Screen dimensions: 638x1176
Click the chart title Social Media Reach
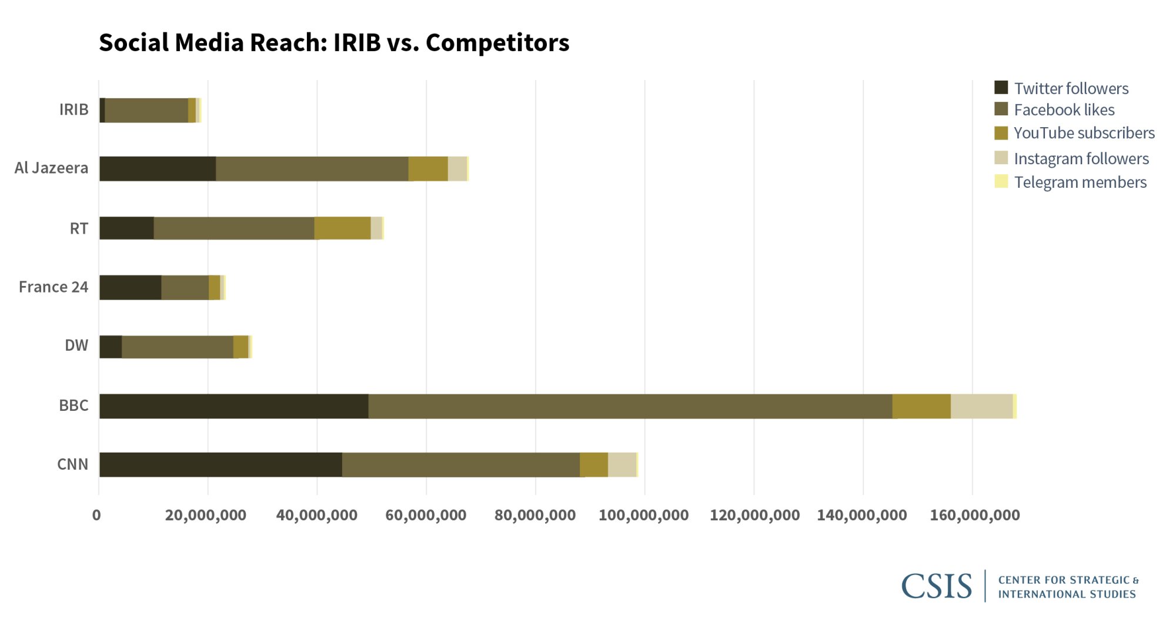[x=333, y=42]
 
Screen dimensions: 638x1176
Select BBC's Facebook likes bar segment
[x=629, y=406]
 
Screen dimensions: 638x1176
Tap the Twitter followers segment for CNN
[x=220, y=464]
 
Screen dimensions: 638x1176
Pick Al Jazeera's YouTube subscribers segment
[x=428, y=168]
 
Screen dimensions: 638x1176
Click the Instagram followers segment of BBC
[x=981, y=406]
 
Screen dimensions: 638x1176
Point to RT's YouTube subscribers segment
[x=342, y=228]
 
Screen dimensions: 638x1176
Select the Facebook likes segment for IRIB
[x=146, y=110]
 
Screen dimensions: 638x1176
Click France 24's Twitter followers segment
[x=130, y=287]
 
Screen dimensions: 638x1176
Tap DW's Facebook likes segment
[x=177, y=347]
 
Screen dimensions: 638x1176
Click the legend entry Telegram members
[x=1080, y=182]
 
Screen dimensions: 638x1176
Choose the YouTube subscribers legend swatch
[x=1001, y=133]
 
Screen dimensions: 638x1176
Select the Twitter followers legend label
[x=1071, y=88]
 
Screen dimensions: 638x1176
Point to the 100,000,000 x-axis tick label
[x=643, y=515]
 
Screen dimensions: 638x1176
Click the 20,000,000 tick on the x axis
[x=206, y=515]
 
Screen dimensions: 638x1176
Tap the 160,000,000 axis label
[x=974, y=515]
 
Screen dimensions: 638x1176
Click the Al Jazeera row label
[x=51, y=168]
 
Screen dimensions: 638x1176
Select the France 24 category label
[x=53, y=287]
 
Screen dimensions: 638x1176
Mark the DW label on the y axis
[x=76, y=345]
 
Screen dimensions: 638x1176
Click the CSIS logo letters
[x=936, y=586]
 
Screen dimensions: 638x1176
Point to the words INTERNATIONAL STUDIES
[x=1067, y=594]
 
